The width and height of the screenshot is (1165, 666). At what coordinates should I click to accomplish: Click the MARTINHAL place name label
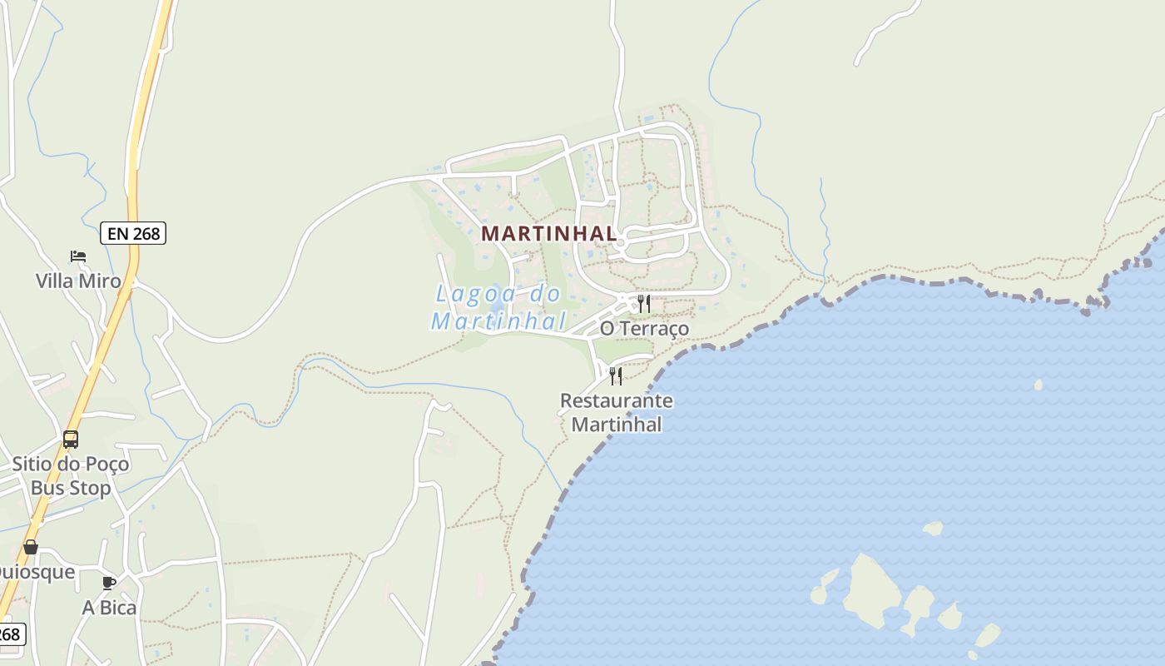[549, 234]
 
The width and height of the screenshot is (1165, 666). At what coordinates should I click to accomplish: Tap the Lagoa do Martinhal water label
[498, 307]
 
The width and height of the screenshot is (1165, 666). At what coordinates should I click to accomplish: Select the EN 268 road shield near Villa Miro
[133, 233]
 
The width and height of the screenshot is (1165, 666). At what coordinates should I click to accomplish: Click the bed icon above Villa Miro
[78, 256]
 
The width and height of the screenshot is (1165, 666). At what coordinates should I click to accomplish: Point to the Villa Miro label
[78, 281]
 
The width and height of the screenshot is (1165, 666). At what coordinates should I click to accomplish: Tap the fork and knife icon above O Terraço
[644, 303]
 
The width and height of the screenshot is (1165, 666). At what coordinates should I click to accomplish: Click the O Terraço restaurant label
[645, 329]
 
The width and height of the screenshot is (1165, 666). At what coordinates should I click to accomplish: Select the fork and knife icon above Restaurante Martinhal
[616, 376]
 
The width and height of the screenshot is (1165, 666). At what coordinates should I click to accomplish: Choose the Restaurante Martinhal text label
[617, 412]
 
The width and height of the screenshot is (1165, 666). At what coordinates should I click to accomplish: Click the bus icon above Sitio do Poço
[71, 439]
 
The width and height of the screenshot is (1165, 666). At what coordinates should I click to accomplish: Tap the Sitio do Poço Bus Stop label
[71, 475]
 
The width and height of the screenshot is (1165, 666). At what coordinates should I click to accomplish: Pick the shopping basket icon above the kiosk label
[31, 547]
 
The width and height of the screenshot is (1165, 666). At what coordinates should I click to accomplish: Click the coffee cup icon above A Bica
[108, 583]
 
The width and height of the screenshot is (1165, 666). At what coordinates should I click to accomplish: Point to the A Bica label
[109, 608]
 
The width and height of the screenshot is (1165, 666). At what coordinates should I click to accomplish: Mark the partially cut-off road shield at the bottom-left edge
[9, 634]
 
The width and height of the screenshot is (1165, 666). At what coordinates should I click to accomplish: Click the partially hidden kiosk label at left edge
[37, 572]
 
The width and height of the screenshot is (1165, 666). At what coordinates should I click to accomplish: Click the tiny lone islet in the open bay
[1038, 385]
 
